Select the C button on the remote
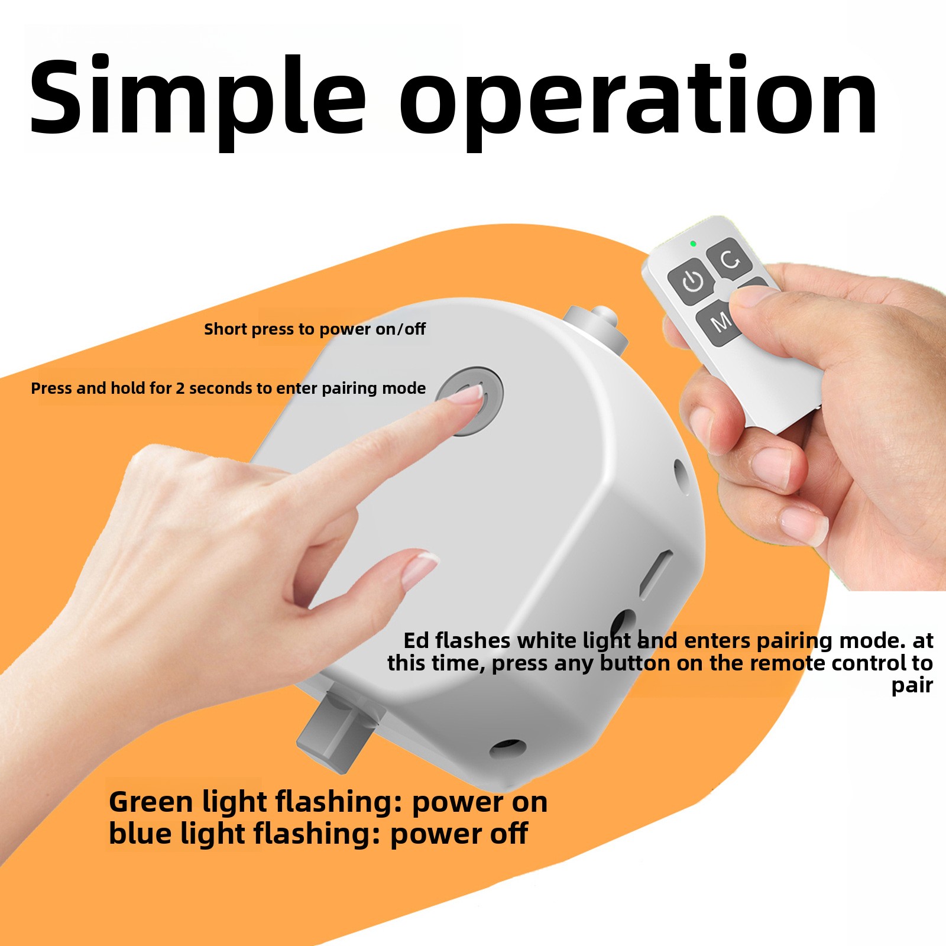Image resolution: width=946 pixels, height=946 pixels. pyautogui.click(x=730, y=258)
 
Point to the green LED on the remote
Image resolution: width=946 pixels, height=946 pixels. pyautogui.click(x=693, y=244)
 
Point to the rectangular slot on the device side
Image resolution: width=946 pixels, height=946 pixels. pyautogui.click(x=656, y=574)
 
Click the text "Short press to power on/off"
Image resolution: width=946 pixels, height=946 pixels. pyautogui.click(x=315, y=329)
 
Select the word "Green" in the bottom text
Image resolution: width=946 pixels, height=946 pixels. pyautogui.click(x=151, y=802)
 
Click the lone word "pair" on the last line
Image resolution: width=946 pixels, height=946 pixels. pyautogui.click(x=912, y=686)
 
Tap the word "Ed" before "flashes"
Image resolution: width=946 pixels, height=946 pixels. pyautogui.click(x=416, y=640)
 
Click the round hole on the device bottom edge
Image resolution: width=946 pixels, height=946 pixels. pyautogui.click(x=508, y=748)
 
